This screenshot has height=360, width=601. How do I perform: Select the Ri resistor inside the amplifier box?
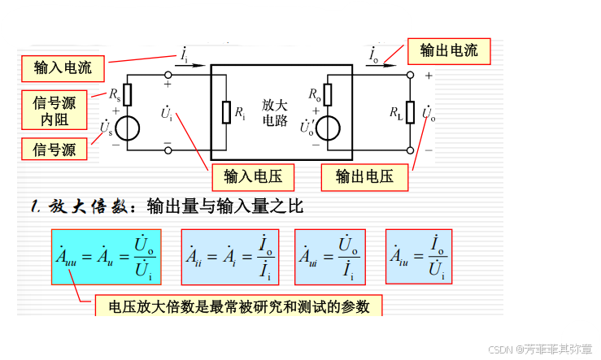point(226,113)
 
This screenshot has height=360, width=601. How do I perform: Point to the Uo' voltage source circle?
point(329,128)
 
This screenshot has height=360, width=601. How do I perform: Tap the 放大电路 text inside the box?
point(275,113)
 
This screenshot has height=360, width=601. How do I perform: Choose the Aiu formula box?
point(418,257)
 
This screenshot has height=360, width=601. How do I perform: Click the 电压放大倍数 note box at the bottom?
point(233,306)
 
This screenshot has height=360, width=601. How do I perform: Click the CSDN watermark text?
point(499,348)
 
